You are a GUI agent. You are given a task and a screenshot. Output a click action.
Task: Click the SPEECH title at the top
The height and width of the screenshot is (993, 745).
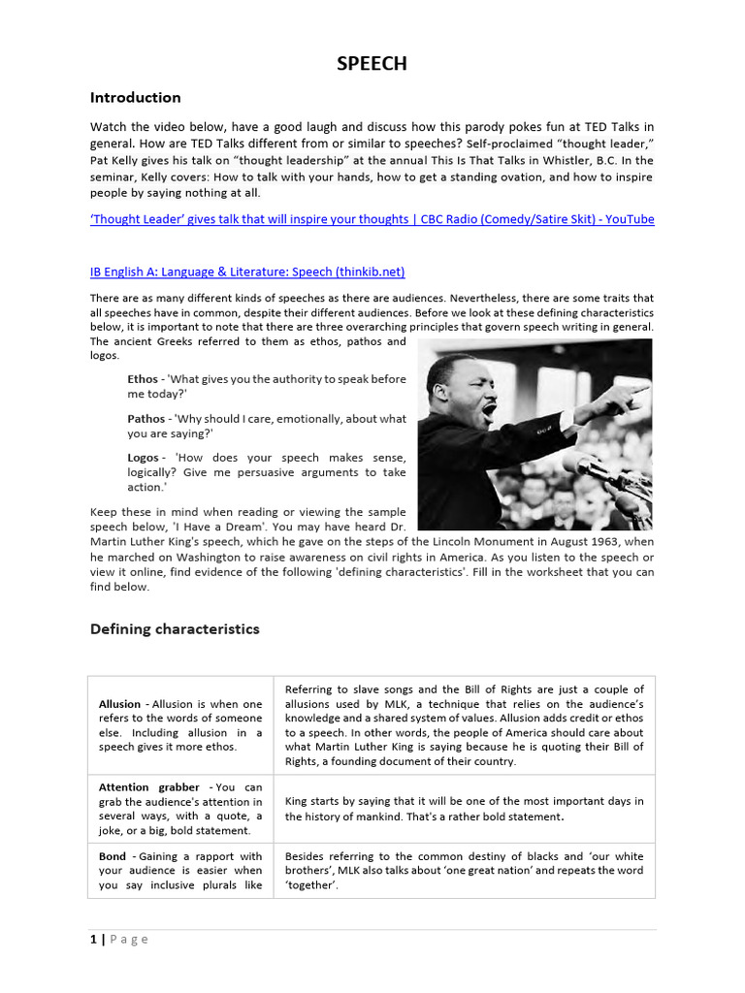point(372,64)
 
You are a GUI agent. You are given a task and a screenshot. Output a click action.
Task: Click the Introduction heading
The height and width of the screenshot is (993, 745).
point(135,97)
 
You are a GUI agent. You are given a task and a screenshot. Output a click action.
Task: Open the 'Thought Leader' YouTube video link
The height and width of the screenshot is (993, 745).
point(372,219)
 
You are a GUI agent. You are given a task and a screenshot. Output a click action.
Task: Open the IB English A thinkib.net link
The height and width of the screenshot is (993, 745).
point(247,272)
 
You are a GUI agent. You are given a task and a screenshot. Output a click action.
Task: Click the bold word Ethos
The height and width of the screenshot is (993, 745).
point(143,378)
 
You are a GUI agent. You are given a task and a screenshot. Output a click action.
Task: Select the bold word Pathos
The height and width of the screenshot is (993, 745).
point(146,418)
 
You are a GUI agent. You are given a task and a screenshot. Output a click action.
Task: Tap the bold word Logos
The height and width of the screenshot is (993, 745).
point(144,457)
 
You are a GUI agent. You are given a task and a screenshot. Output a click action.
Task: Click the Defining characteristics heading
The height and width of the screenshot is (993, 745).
point(175,628)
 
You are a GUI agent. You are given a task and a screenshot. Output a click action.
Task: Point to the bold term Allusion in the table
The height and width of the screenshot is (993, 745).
point(119,703)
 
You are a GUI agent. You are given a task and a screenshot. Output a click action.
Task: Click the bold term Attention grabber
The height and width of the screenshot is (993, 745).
point(148,787)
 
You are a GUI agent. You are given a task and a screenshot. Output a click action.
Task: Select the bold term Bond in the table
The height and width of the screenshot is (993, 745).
point(112,856)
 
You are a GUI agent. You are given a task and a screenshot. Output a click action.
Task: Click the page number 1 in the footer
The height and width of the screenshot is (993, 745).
point(93,939)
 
